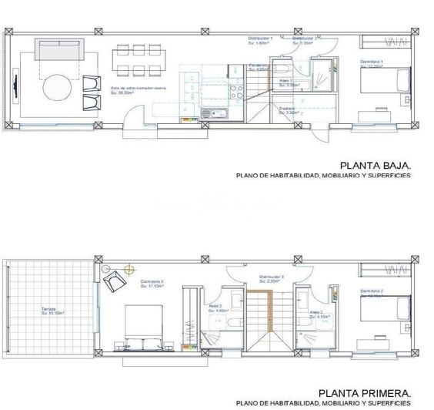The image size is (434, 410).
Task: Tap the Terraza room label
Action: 49,311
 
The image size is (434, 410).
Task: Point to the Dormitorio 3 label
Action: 152,284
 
